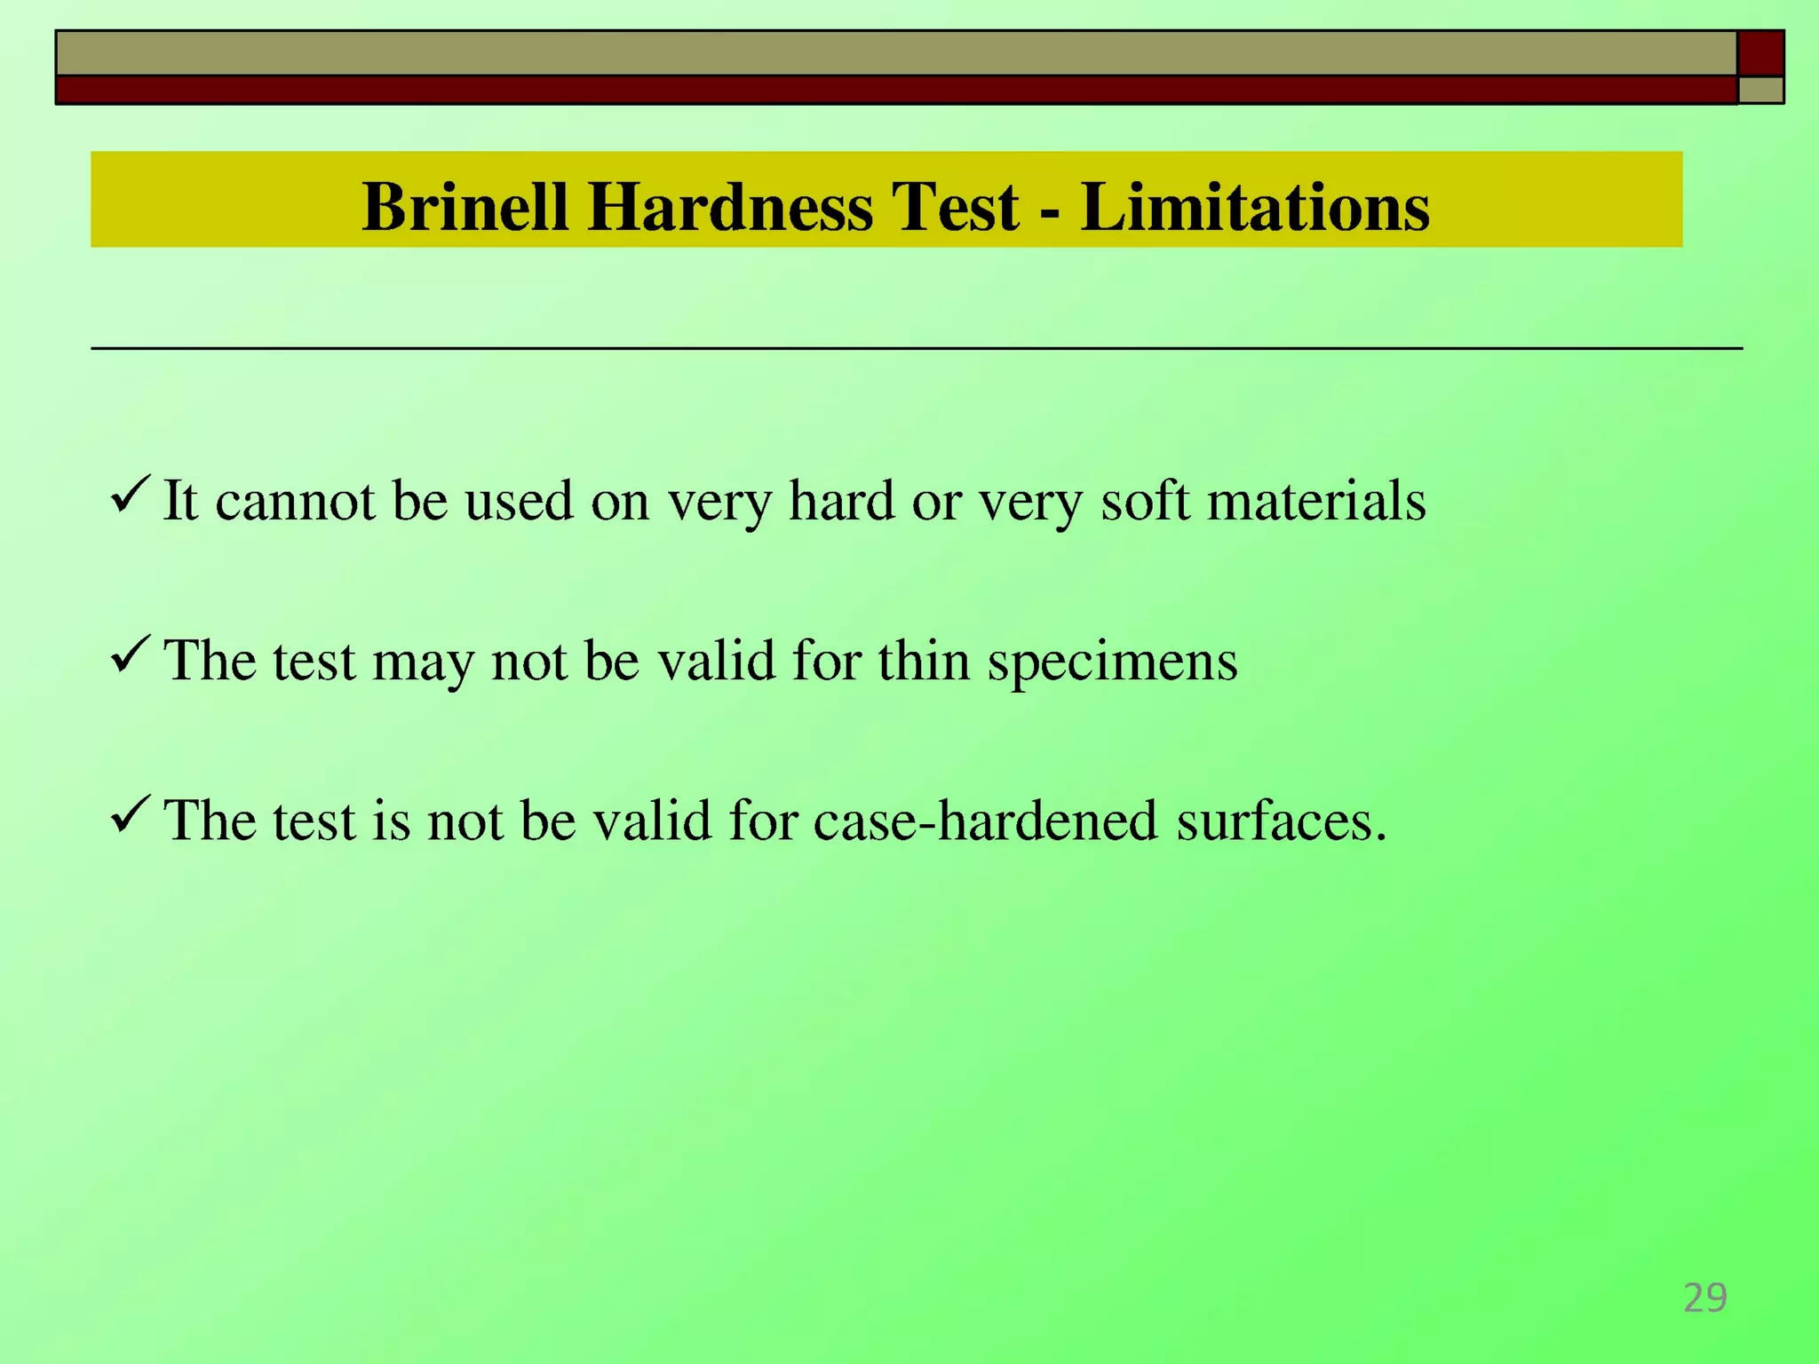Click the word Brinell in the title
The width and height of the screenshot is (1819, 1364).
(x=465, y=207)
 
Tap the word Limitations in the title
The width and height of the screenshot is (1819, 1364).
(x=1255, y=207)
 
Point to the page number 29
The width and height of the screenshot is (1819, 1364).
(x=1704, y=1298)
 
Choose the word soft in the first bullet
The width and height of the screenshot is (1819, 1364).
(x=1144, y=501)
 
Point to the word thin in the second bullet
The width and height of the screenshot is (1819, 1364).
(x=923, y=661)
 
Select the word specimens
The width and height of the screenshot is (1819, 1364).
(x=1112, y=662)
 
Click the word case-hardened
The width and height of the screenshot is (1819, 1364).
(x=985, y=820)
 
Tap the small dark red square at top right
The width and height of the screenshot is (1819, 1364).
(x=1760, y=53)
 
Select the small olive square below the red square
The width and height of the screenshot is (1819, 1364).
(x=1760, y=90)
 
